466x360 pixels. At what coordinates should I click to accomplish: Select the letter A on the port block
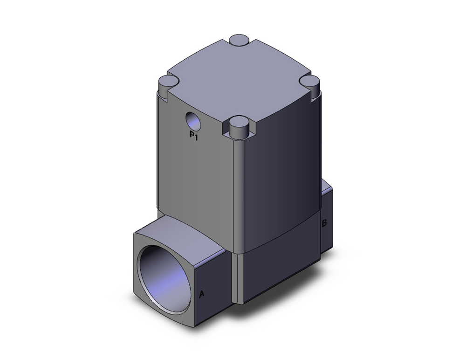(202, 294)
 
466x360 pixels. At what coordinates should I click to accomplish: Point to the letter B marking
(324, 223)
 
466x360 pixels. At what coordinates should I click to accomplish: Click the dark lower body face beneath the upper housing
(280, 270)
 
